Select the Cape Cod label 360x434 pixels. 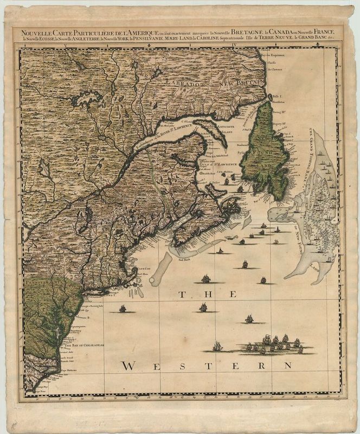143,268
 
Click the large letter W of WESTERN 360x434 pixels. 130,367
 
